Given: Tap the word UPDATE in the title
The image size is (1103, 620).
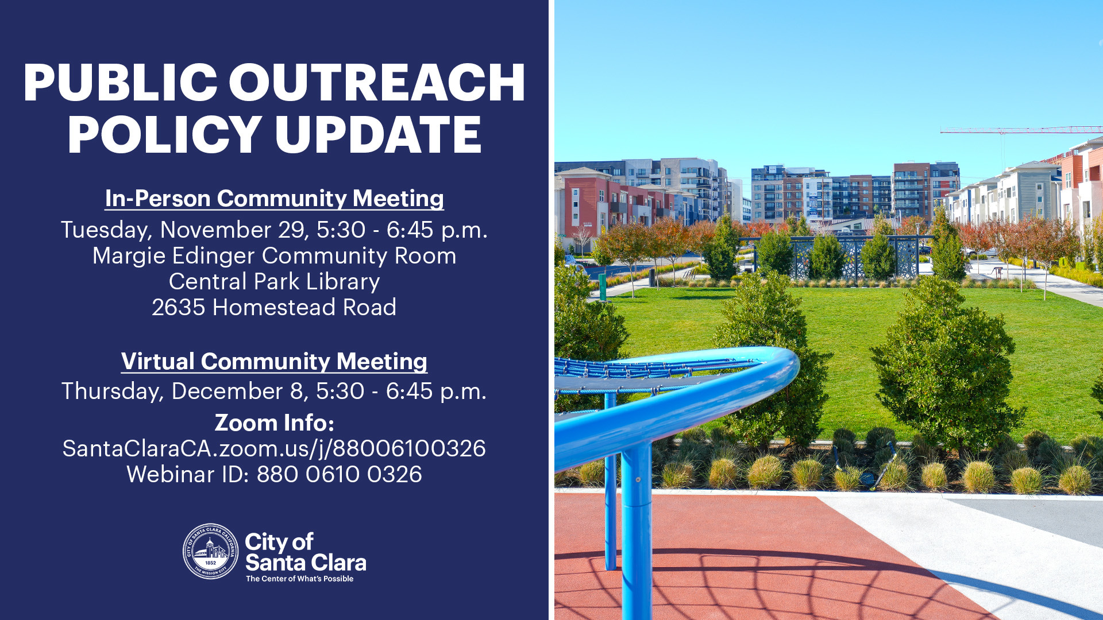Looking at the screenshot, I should point(377,135).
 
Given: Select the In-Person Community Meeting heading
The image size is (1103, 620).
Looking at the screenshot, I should point(274,199).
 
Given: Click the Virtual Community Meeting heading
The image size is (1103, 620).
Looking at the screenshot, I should point(274,362).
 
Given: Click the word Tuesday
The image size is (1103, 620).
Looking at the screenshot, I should point(106,230).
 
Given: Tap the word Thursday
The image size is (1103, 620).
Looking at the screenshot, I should point(113,392).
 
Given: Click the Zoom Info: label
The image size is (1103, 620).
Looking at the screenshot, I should point(274,423).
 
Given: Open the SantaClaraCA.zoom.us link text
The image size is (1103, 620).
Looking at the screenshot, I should point(274,448).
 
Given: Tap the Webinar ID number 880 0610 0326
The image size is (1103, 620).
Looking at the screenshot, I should point(339,475).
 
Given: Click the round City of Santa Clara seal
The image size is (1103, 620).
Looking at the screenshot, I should point(210,551).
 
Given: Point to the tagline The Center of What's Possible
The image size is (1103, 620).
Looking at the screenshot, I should point(299,579).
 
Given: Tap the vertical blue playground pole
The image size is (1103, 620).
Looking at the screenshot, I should point(637,528).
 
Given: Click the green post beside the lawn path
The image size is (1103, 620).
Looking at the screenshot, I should point(602,286).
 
